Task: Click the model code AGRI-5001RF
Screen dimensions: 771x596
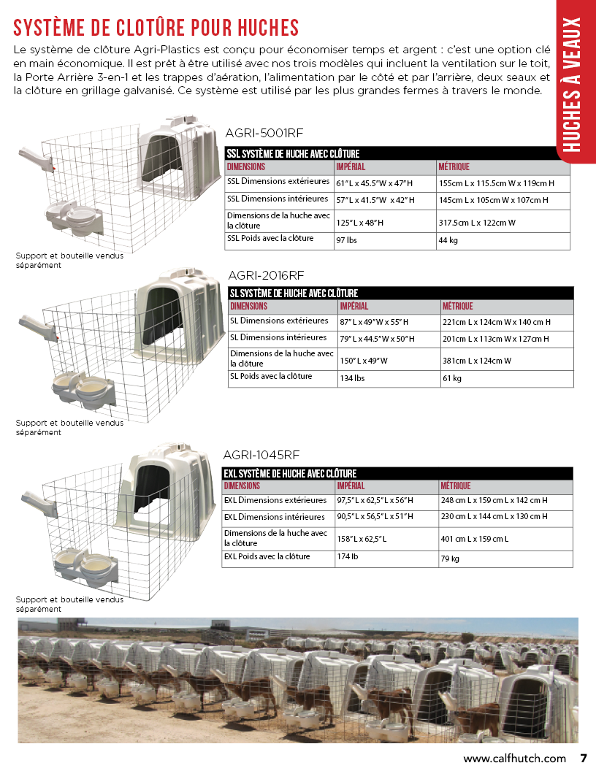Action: (x=265, y=133)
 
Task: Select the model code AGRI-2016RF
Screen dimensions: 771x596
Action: (x=266, y=275)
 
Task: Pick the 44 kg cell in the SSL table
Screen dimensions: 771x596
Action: (x=448, y=240)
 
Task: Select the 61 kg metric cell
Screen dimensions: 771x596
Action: (x=452, y=379)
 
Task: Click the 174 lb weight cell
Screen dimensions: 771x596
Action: (x=347, y=557)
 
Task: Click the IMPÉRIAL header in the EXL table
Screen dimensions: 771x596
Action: (x=351, y=486)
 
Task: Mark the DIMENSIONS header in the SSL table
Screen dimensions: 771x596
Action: (x=246, y=166)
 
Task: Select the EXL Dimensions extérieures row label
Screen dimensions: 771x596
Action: (x=275, y=501)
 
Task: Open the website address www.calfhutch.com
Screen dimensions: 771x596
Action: (x=515, y=758)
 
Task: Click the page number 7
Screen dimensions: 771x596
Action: (x=584, y=758)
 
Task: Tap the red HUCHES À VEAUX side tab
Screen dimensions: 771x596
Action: (x=575, y=84)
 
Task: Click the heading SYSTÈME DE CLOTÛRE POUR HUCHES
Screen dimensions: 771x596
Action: (x=156, y=28)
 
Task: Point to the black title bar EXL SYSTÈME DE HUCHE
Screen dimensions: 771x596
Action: (x=290, y=474)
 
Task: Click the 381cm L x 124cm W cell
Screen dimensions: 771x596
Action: (x=477, y=360)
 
